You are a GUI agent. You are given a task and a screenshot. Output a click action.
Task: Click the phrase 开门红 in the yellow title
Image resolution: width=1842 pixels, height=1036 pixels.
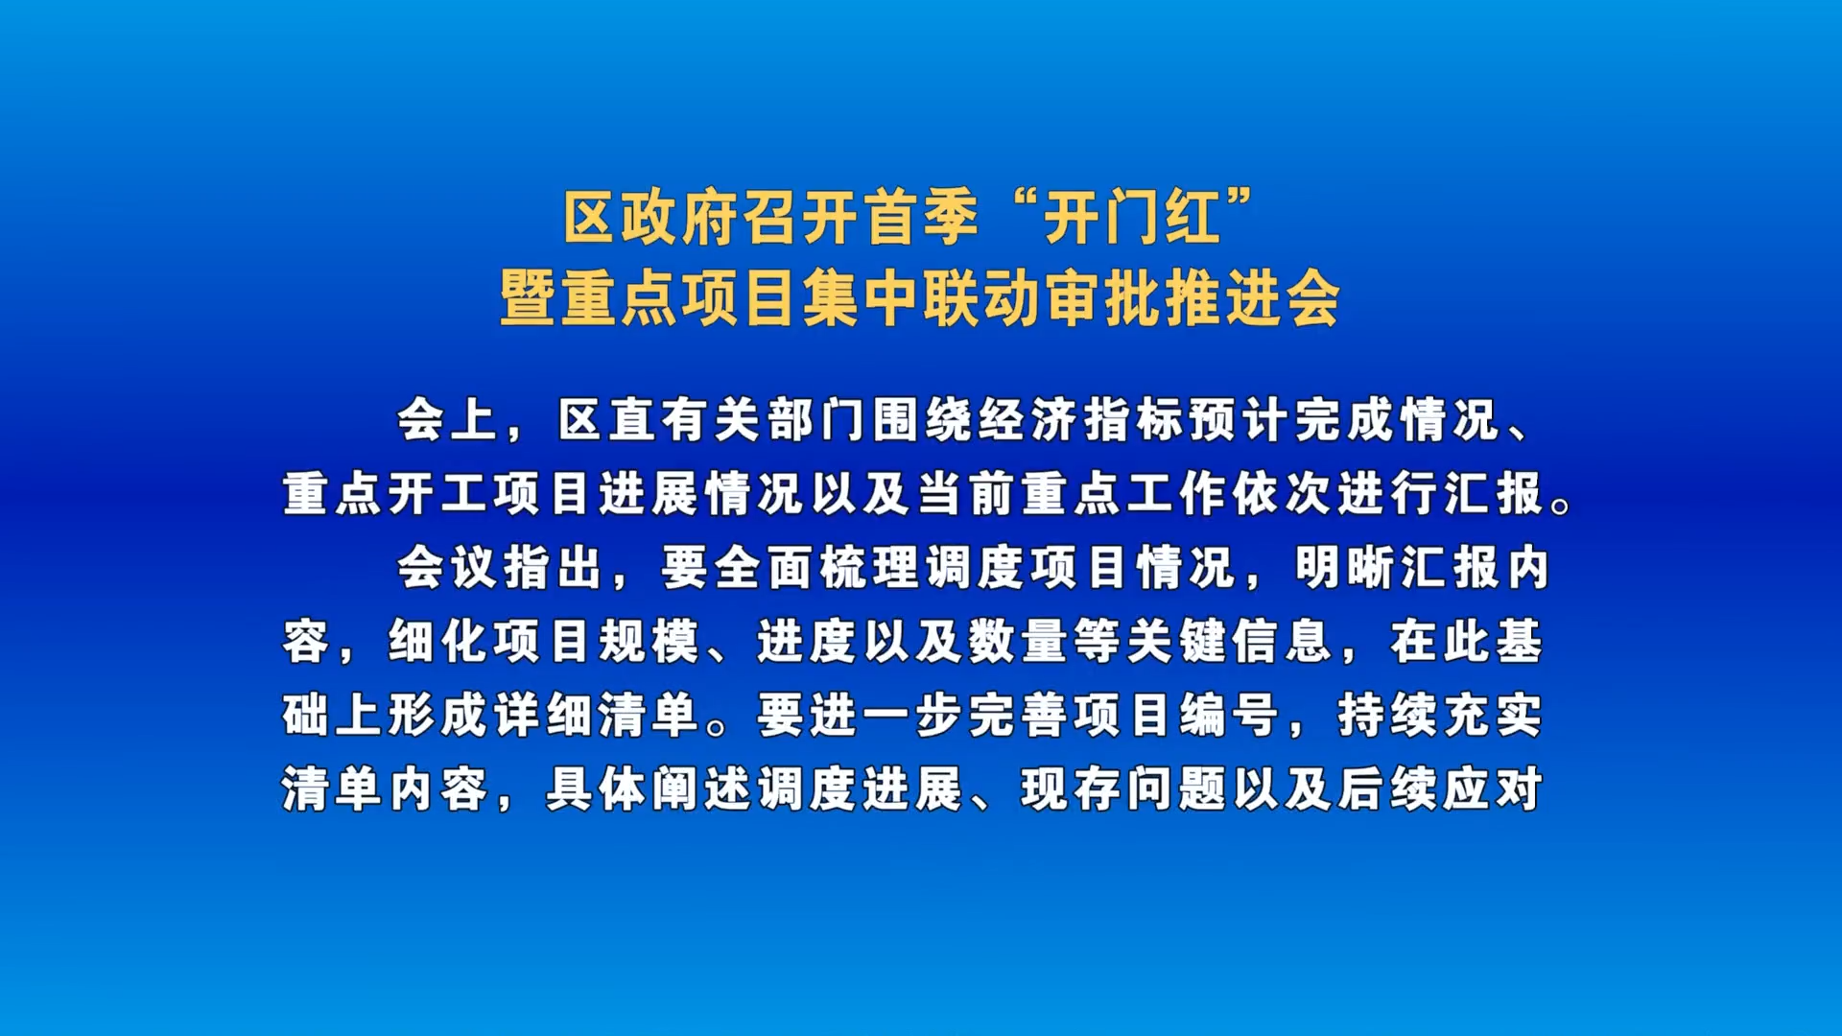[x=1131, y=218]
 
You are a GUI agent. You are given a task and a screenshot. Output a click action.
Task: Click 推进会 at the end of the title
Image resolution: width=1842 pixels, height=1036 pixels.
[x=1252, y=298]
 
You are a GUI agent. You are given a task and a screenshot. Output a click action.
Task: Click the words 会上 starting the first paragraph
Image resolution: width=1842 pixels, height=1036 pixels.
[x=448, y=420]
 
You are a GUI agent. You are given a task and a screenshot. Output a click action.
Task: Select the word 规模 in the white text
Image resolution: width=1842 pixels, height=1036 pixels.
[x=649, y=642]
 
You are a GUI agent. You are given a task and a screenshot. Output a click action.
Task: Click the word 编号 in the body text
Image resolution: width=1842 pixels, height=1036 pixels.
[x=1230, y=716]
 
